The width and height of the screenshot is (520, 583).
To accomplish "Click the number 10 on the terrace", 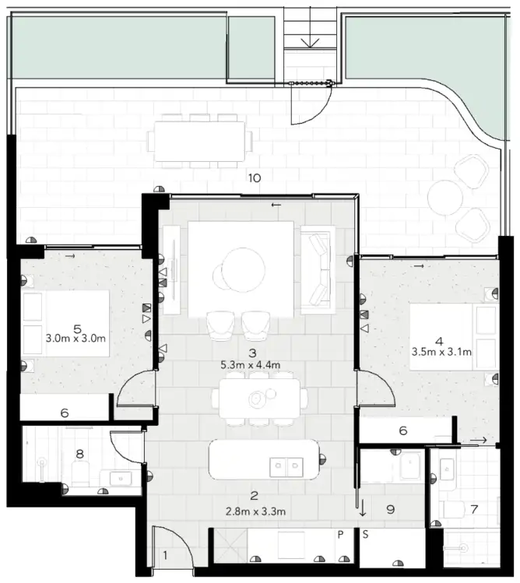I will click(x=254, y=177).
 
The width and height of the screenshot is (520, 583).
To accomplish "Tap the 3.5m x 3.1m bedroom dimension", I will click(x=441, y=351).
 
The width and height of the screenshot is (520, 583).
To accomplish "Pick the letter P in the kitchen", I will click(x=340, y=535).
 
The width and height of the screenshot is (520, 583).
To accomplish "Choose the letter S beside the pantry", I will click(x=363, y=535).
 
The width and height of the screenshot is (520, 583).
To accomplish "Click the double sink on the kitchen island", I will click(x=286, y=467).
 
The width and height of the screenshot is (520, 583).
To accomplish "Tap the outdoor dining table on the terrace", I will click(x=199, y=140).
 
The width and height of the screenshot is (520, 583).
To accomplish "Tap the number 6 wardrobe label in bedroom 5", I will click(x=65, y=413).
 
